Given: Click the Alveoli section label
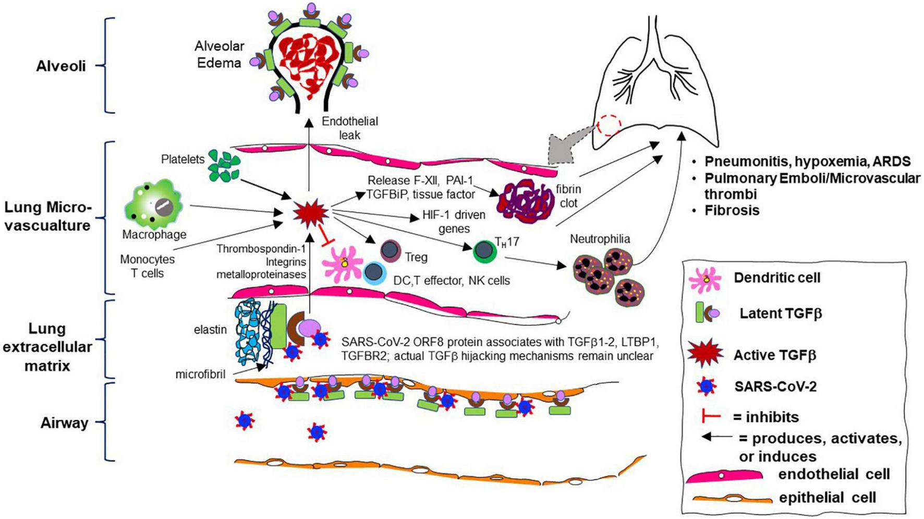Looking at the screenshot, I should (x=60, y=66).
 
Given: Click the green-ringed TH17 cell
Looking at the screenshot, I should (x=484, y=251).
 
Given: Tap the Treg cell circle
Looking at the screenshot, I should (x=391, y=251).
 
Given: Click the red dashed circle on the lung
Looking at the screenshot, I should (x=609, y=125).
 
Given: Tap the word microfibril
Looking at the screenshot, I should (x=200, y=374).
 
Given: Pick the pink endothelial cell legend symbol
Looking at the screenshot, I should (x=724, y=476).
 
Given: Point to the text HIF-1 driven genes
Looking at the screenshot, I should (x=454, y=222).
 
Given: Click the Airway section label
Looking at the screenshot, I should (x=64, y=423).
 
